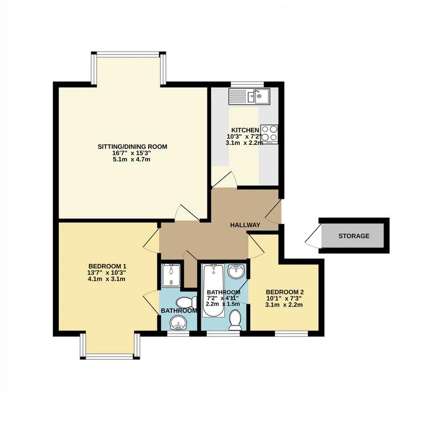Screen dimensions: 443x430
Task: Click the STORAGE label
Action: click(x=353, y=236)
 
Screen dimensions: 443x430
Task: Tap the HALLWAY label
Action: click(x=245, y=225)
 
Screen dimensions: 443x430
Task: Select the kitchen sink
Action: click(x=249, y=96)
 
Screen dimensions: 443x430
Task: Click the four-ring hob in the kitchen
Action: click(x=269, y=134)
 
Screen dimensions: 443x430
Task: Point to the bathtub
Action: click(x=213, y=291)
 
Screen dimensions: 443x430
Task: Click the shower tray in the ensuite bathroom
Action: click(x=170, y=275)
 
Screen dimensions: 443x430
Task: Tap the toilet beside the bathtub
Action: click(x=235, y=320)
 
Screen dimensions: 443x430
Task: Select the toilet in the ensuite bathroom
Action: click(x=186, y=303)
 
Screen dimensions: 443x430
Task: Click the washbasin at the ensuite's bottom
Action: click(x=178, y=322)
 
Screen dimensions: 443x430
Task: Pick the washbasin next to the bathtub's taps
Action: click(x=236, y=271)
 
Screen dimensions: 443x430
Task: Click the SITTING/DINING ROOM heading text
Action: click(x=132, y=147)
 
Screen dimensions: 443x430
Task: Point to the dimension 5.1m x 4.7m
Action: click(x=131, y=159)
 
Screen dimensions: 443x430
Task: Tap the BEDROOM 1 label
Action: click(x=107, y=266)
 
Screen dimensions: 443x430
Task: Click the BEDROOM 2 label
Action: click(x=285, y=292)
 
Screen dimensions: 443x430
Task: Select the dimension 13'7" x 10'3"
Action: click(x=107, y=273)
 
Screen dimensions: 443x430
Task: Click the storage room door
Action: click(x=313, y=236)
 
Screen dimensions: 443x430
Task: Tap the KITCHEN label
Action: click(x=245, y=130)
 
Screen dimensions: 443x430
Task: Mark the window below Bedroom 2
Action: click(x=291, y=334)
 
